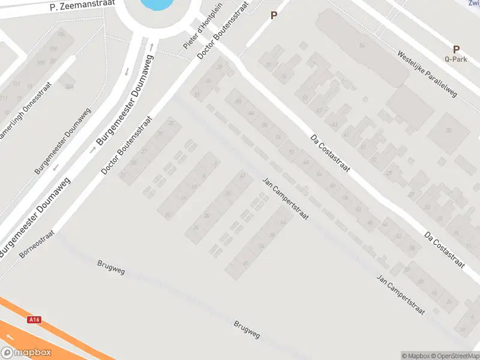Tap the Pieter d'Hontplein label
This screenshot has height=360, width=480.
point(194,37)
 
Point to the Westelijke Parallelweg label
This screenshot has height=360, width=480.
point(427,73)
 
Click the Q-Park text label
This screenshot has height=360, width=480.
point(455,59)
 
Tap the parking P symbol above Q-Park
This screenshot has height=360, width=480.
point(456,49)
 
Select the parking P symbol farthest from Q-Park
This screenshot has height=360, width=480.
point(274,16)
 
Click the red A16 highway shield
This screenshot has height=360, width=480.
point(35,320)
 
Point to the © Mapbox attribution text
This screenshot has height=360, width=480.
point(416,356)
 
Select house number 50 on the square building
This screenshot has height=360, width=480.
point(448,130)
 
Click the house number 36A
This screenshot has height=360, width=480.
point(69,86)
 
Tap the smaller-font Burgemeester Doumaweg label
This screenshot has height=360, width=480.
point(62,142)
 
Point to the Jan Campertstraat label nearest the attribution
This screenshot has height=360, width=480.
point(400,293)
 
